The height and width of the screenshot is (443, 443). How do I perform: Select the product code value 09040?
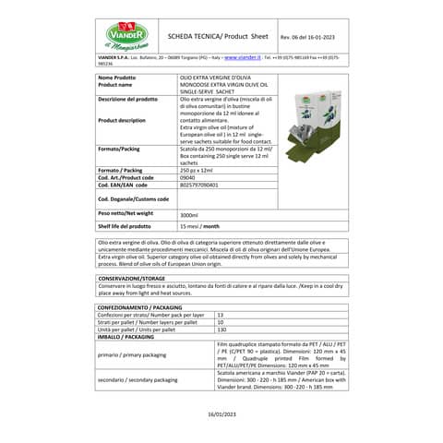pyautogui.click(x=188, y=178)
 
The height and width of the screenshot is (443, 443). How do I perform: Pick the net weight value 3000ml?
pyautogui.click(x=189, y=214)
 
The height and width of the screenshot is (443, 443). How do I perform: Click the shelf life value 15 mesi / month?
pyautogui.click(x=199, y=226)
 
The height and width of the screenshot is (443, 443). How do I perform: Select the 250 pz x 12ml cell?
pyautogui.click(x=198, y=171)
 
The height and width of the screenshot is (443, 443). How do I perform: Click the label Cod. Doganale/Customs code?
pyautogui.click(x=133, y=198)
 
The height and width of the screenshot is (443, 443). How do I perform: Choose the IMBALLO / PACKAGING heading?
pyautogui.click(x=126, y=337)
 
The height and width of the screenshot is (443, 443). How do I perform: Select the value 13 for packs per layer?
pyautogui.click(x=220, y=314)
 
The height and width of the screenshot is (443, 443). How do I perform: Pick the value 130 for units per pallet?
pyautogui.click(x=221, y=329)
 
